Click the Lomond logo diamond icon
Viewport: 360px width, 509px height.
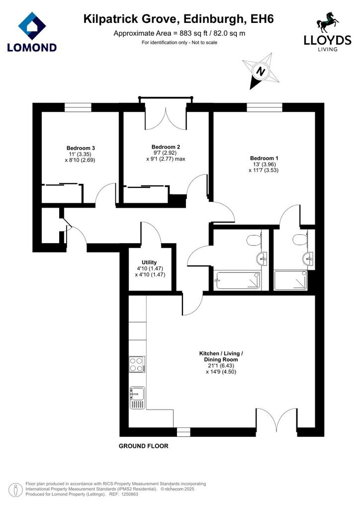click(x=32, y=26)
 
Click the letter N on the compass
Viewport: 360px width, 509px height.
click(x=260, y=71)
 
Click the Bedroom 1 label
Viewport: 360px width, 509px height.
click(x=264, y=158)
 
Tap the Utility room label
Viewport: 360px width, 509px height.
click(x=149, y=262)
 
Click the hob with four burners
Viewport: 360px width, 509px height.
click(x=137, y=364)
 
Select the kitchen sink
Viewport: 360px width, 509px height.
click(x=138, y=398)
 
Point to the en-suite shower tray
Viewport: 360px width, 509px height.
click(x=290, y=280)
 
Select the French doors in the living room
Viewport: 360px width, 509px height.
click(x=276, y=419)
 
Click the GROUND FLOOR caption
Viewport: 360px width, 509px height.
click(x=144, y=446)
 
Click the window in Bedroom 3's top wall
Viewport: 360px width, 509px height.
click(x=78, y=107)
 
